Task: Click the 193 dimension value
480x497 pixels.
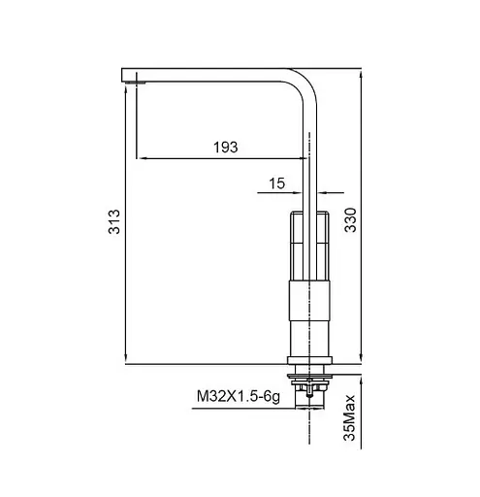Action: click(225, 147)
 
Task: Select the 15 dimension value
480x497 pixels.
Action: click(277, 182)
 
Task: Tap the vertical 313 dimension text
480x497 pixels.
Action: click(114, 226)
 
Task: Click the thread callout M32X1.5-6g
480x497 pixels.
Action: click(239, 396)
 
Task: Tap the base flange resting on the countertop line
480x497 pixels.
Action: click(310, 360)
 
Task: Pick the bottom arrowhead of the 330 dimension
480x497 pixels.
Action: click(360, 361)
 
